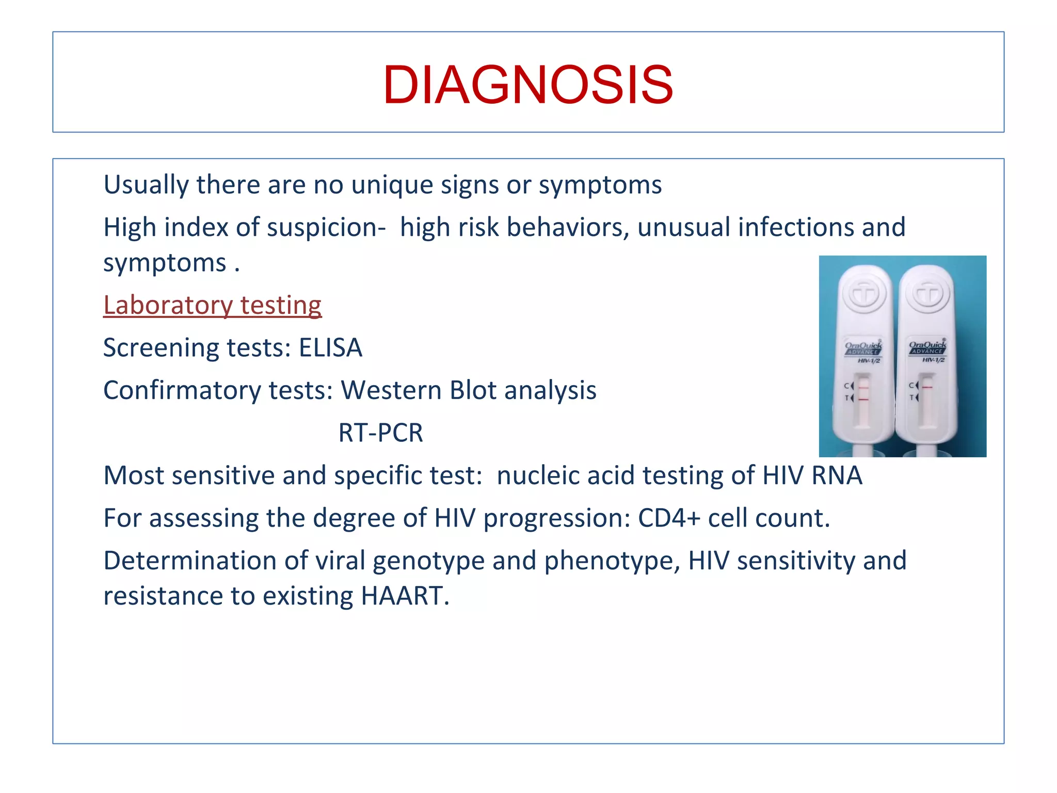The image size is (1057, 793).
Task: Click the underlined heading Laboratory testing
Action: (x=212, y=305)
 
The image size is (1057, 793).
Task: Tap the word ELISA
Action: (x=330, y=347)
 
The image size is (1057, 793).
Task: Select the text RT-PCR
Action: (x=380, y=433)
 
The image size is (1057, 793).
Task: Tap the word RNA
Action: (x=837, y=475)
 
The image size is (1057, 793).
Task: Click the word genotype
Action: (x=428, y=561)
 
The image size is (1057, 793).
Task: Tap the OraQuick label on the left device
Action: (x=863, y=346)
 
